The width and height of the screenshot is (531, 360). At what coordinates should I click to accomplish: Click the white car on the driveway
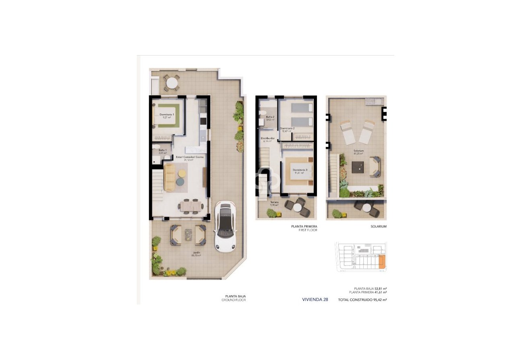tap(224, 226)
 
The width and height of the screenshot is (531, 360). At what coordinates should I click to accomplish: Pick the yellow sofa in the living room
tap(170, 177)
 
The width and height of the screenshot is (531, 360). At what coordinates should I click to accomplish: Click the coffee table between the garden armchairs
tap(188, 235)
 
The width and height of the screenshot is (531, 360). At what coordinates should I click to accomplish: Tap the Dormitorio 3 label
tap(300, 171)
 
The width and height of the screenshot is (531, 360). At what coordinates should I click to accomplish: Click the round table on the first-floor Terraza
tap(297, 208)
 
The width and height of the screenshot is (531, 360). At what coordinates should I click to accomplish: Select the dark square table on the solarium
tap(358, 167)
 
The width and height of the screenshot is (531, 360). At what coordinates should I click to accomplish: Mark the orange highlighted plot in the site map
tap(382, 262)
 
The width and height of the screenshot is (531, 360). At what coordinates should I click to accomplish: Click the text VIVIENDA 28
tap(315, 300)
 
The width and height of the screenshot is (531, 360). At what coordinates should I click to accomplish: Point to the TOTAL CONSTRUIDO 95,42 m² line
tap(362, 300)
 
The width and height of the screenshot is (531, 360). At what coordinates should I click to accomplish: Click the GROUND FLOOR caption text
tap(234, 300)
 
